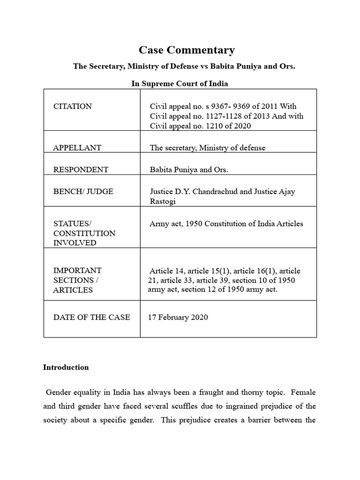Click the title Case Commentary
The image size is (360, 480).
[x=187, y=50]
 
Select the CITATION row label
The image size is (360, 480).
[x=73, y=106]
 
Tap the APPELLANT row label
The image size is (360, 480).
[x=77, y=148]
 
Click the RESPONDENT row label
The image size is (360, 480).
[x=81, y=170]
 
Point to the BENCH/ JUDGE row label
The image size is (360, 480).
[x=83, y=192]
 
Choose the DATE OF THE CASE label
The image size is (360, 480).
[x=91, y=317]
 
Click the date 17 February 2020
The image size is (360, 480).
[x=178, y=317]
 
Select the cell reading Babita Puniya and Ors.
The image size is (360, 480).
[x=189, y=170]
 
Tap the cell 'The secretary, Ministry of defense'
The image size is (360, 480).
[x=207, y=148]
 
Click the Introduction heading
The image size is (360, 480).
[x=66, y=367]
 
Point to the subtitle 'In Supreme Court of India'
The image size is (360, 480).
[x=180, y=83]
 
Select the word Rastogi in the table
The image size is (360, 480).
[x=164, y=202]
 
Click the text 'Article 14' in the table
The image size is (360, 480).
[x=166, y=271]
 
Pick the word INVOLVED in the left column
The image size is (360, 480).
[x=75, y=243]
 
